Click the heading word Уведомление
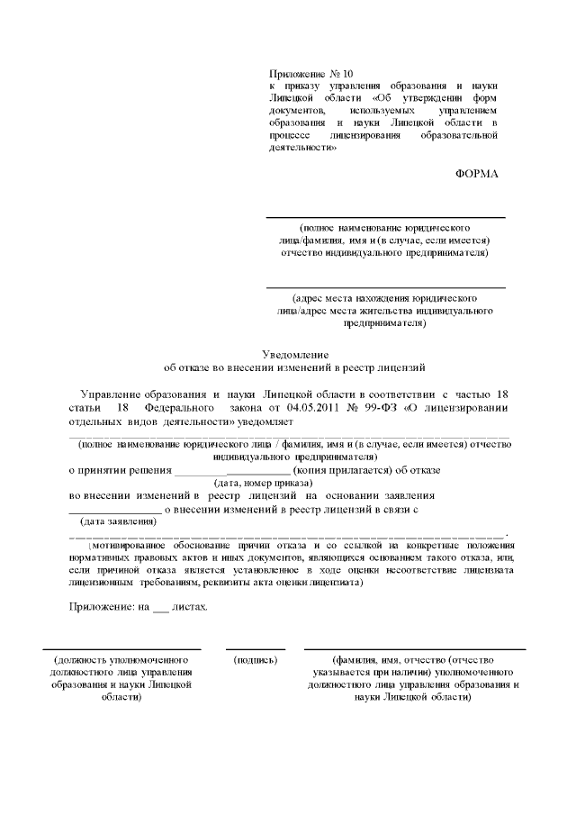pos(296,355)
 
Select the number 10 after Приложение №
pos(349,72)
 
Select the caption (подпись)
pos(255,660)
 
